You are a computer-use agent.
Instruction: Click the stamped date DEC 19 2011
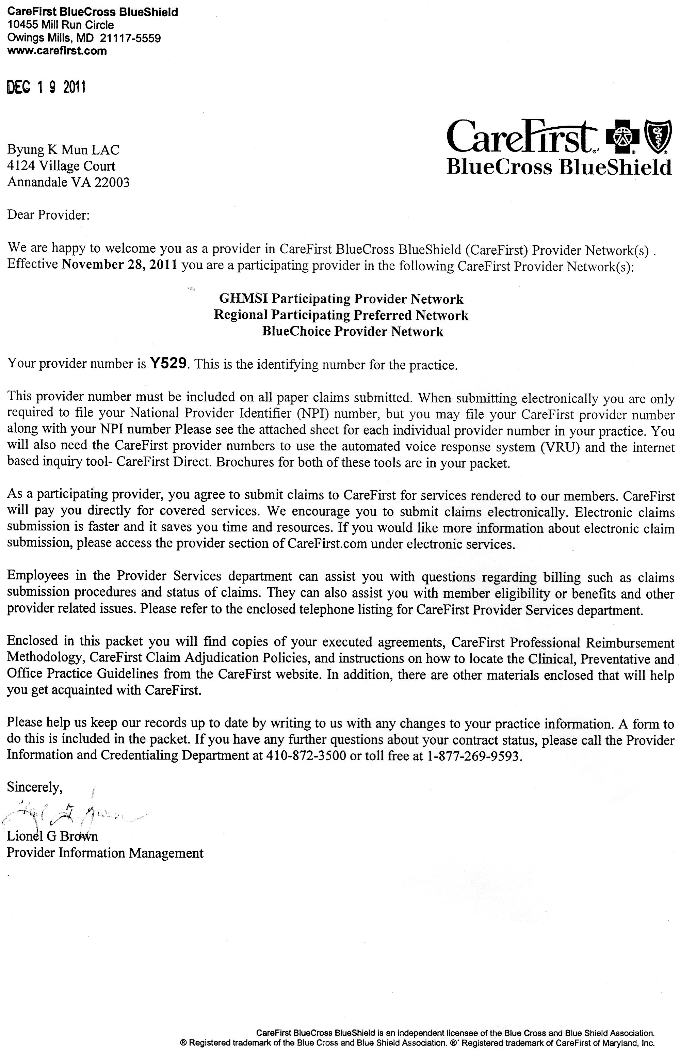[x=46, y=87]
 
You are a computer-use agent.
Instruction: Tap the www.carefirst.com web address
[x=57, y=51]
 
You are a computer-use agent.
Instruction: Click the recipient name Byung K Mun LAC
[x=63, y=150]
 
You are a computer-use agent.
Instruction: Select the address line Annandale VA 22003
[x=68, y=182]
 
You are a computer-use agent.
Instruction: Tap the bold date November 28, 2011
[x=120, y=265]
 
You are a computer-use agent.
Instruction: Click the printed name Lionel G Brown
[x=52, y=836]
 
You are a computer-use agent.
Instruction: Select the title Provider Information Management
[x=105, y=853]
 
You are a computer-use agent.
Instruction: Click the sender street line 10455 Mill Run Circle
[x=61, y=25]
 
